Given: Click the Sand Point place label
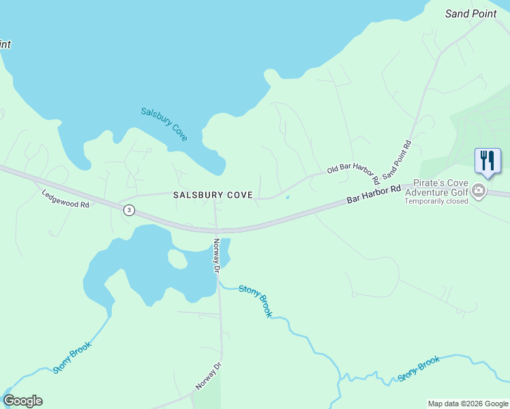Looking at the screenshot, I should pyautogui.click(x=471, y=13).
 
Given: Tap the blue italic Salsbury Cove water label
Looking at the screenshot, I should pyautogui.click(x=164, y=123).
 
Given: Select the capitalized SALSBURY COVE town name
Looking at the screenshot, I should pyautogui.click(x=213, y=195).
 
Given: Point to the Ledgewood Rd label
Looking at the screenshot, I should pyautogui.click(x=65, y=199).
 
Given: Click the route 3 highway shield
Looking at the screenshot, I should pyautogui.click(x=129, y=211).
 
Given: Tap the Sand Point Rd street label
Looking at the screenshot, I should pyautogui.click(x=397, y=161).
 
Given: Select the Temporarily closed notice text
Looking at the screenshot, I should pyautogui.click(x=436, y=201).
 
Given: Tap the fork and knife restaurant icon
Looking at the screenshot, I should pyautogui.click(x=487, y=161).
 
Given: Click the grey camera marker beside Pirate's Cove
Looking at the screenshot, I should pyautogui.click(x=479, y=191).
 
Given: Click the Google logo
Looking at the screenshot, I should pyautogui.click(x=22, y=401).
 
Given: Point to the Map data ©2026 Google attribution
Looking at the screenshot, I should pyautogui.click(x=467, y=404).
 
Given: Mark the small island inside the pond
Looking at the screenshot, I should pyautogui.click(x=177, y=259).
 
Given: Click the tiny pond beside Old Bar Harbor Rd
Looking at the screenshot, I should pyautogui.click(x=287, y=198).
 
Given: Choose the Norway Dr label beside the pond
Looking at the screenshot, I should pyautogui.click(x=217, y=256).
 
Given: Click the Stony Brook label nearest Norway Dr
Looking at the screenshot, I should pyautogui.click(x=256, y=301).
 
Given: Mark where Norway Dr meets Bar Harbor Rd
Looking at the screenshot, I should pyautogui.click(x=215, y=230).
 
